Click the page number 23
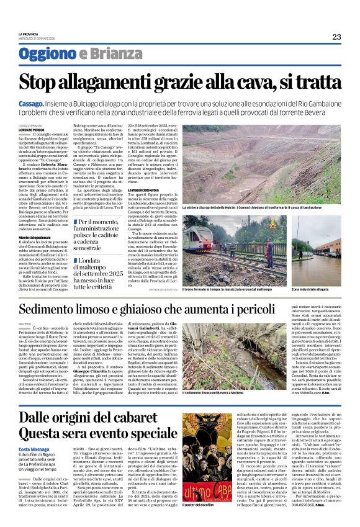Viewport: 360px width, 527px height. coord(336,36)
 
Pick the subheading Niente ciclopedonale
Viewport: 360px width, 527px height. coord(35,237)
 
